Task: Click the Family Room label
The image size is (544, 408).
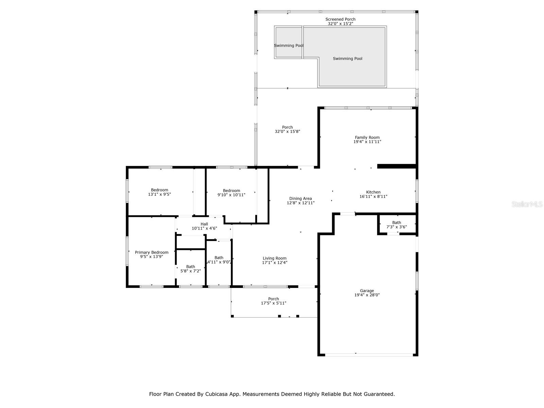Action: pos(367,137)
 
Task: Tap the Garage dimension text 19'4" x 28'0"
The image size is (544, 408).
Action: pos(367,295)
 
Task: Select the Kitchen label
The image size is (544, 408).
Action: pos(373,192)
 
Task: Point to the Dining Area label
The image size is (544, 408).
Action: pos(301,199)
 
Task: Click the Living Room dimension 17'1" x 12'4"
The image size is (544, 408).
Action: pos(274,262)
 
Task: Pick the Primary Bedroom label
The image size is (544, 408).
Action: pos(152,252)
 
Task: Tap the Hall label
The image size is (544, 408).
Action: pos(204,224)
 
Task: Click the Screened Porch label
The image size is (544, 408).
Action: pos(340,19)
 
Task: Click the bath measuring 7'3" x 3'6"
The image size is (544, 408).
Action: pos(396,225)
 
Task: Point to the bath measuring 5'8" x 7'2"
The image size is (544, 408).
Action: pos(190,269)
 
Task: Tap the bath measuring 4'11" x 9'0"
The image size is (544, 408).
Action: pos(219,260)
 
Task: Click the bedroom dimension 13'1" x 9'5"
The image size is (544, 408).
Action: pos(159,194)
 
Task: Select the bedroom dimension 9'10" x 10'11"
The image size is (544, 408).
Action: pos(231,195)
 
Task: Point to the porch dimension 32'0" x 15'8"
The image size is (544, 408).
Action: pos(287,132)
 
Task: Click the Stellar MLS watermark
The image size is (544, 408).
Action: pos(527,204)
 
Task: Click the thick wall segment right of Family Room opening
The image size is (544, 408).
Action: pos(397,166)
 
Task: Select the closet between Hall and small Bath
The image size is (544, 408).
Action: pos(190,242)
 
